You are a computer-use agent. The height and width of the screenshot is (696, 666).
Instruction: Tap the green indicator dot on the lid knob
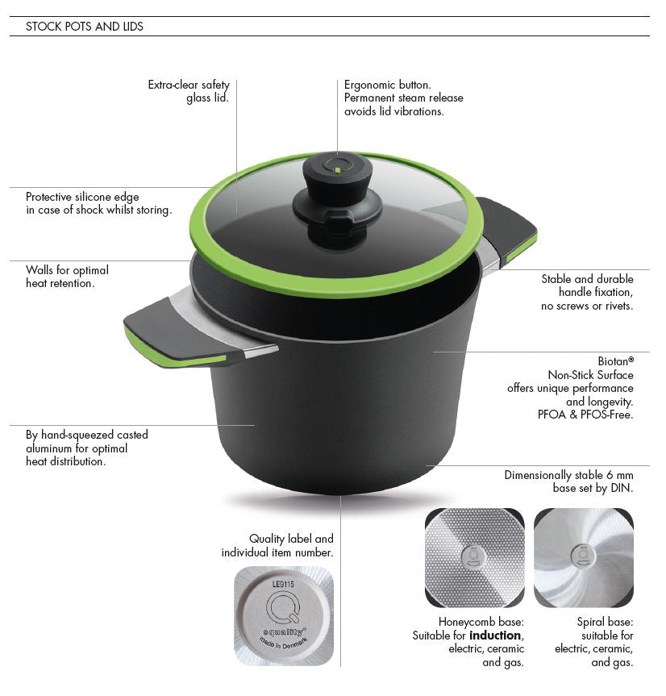[x=338, y=170]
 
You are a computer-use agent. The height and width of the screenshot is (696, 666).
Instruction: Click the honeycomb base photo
[x=475, y=557]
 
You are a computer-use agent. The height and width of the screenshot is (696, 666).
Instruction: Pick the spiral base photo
[x=584, y=557]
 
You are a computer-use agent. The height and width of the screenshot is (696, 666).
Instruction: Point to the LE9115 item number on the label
[x=283, y=584]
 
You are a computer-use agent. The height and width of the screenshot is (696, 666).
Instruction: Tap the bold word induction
[x=495, y=636]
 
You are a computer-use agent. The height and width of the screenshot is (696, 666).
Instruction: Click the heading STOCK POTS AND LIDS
[x=85, y=27]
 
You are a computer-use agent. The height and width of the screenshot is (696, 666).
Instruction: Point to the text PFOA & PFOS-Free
[x=585, y=415]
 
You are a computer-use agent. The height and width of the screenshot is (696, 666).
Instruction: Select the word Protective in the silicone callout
[x=49, y=197]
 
